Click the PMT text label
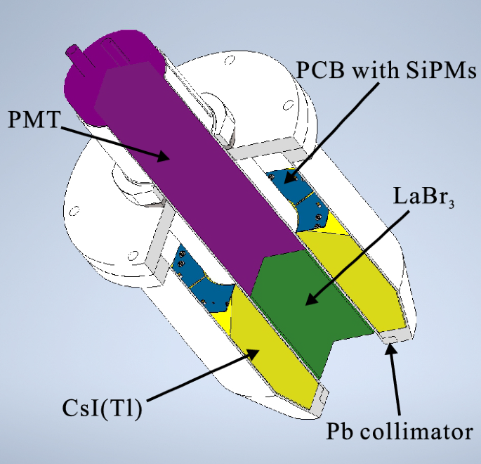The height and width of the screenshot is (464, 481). coord(33,120)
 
